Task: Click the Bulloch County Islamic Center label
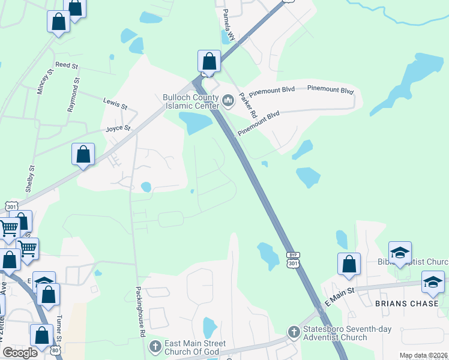click(191, 101)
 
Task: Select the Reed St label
click(67, 64)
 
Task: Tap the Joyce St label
click(118, 128)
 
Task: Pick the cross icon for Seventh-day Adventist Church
click(294, 331)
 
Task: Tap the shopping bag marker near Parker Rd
click(209, 61)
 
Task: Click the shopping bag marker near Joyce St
click(83, 154)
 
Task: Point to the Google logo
click(20, 353)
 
